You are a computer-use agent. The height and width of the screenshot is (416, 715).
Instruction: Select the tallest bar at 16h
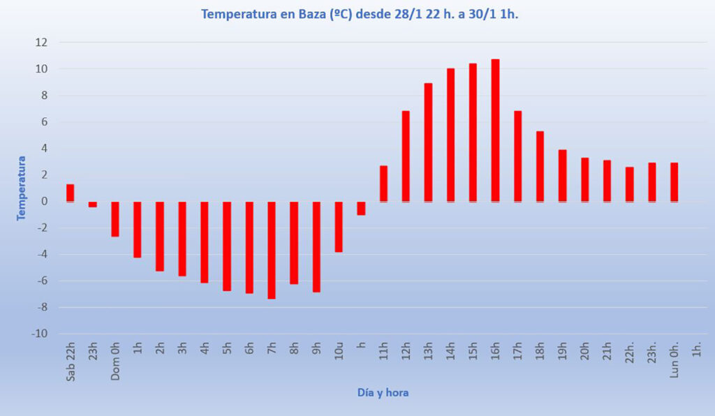[495, 131]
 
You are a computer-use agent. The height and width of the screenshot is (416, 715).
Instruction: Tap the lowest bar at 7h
[272, 250]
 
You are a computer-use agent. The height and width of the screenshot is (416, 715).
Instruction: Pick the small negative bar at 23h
[93, 205]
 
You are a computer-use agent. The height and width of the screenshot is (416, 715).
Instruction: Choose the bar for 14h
[450, 135]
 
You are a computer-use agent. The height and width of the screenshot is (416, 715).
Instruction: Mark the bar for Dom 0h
[115, 219]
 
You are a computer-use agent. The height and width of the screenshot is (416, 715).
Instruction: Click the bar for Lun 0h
[674, 182]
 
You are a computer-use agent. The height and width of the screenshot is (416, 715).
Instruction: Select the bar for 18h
[540, 166]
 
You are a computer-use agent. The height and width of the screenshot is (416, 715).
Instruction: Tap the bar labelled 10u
[339, 227]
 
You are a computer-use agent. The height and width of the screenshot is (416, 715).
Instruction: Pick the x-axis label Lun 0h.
[675, 360]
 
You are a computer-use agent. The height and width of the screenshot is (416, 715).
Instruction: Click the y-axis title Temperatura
[21, 188]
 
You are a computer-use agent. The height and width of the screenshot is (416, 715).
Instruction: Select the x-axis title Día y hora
[383, 393]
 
